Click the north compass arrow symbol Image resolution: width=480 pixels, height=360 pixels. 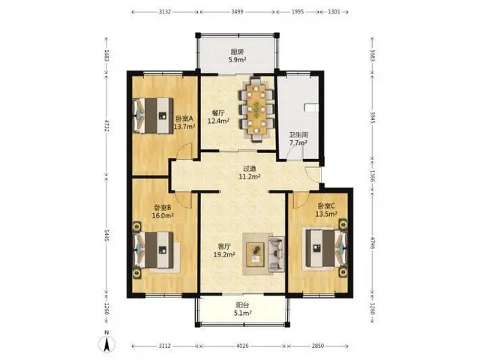pos(106,343)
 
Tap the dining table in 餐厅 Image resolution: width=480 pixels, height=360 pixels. pos(256,109)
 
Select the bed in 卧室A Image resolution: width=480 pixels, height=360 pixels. pos(153,115)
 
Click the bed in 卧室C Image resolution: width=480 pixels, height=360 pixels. pos(325,248)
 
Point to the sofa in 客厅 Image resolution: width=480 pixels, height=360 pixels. pos(277,253)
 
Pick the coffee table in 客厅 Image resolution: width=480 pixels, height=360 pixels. pos(256,254)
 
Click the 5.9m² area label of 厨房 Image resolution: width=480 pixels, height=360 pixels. pos(238,60)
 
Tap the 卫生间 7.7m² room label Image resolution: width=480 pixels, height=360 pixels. pos(298,138)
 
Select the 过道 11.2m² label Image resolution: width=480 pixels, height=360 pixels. pos(250,172)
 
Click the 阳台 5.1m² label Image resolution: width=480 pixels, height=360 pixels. pos(243,309)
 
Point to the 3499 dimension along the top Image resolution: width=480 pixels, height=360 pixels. pos(237,12)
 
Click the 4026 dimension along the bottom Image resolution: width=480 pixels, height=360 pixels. pos(242,346)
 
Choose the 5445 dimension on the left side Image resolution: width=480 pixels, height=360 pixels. pos(106,235)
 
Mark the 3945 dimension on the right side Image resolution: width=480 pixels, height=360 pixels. pos(372,117)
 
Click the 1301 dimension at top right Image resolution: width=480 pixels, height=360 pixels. pos(334,12)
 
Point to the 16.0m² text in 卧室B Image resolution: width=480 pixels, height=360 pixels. pos(163,215)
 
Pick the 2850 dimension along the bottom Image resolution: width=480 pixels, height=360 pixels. pos(318,346)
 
